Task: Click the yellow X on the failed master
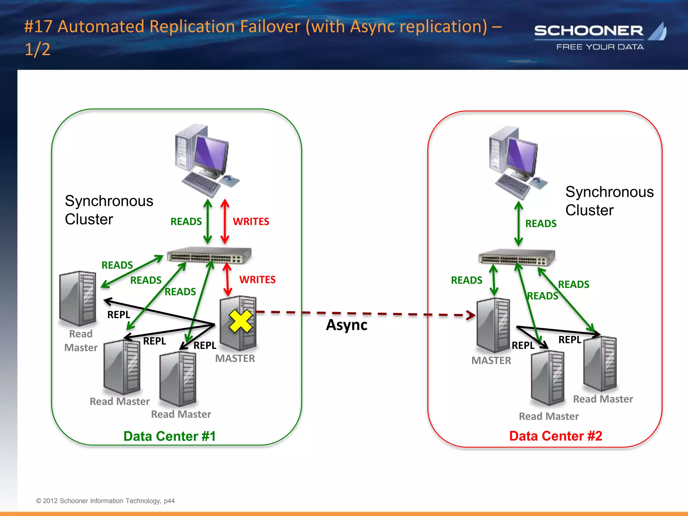pyautogui.click(x=241, y=321)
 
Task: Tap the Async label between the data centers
pyautogui.click(x=346, y=325)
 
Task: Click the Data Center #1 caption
pyautogui.click(x=170, y=436)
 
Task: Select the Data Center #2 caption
pyautogui.click(x=556, y=436)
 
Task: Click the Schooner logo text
pyautogui.click(x=589, y=31)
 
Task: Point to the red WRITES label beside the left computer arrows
pyautogui.click(x=251, y=221)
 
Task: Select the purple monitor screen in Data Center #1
pyautogui.click(x=211, y=153)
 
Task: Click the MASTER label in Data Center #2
pyautogui.click(x=491, y=360)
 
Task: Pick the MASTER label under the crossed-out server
pyautogui.click(x=235, y=358)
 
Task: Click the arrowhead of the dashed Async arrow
pyautogui.click(x=472, y=315)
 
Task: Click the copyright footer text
pyautogui.click(x=105, y=501)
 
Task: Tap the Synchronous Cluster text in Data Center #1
pyautogui.click(x=109, y=210)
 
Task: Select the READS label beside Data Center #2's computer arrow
pyautogui.click(x=541, y=223)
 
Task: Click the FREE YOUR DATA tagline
pyautogui.click(x=600, y=47)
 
